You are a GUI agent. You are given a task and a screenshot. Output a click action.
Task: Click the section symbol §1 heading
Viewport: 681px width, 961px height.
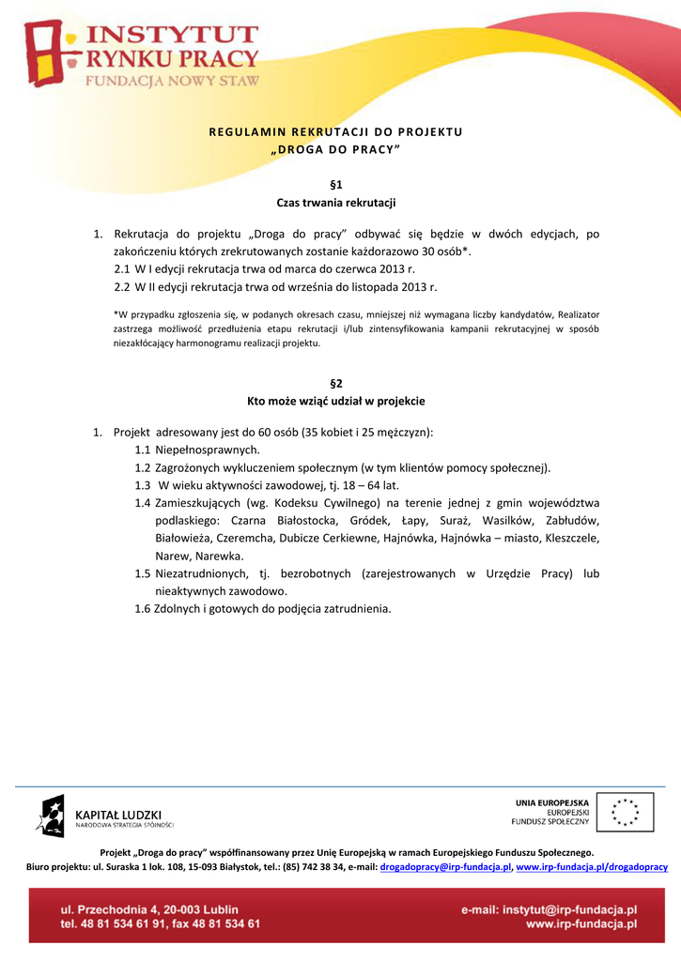pyautogui.click(x=335, y=185)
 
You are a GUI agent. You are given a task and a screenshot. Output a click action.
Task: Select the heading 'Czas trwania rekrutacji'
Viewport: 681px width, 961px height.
pyautogui.click(x=335, y=203)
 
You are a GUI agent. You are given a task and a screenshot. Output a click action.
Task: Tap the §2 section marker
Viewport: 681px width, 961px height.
pyautogui.click(x=335, y=383)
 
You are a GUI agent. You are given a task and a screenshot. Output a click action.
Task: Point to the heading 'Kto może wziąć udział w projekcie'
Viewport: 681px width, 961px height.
pyautogui.click(x=335, y=401)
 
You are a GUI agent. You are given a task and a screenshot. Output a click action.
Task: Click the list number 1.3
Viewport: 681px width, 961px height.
pyautogui.click(x=143, y=485)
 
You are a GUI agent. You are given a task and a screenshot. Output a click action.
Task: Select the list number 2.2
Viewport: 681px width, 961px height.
pyautogui.click(x=122, y=286)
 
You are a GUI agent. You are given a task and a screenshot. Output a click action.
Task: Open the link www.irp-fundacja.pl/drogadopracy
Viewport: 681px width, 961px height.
pyautogui.click(x=592, y=867)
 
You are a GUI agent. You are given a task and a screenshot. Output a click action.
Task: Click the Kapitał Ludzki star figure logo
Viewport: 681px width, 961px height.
pyautogui.click(x=51, y=815)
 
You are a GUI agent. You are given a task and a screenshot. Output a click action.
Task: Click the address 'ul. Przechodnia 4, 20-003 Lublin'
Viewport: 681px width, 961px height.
pyautogui.click(x=149, y=909)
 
